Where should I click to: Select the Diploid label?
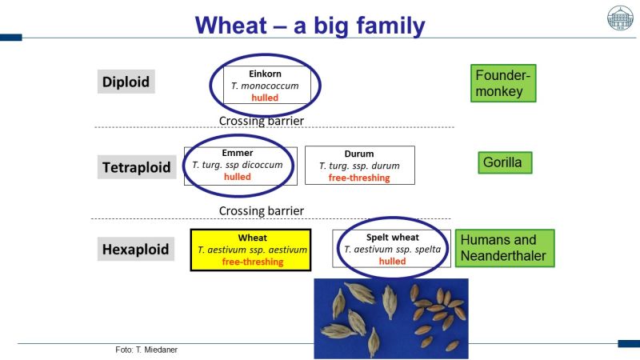(126, 82)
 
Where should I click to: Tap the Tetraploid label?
(137, 167)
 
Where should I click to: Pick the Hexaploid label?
(136, 250)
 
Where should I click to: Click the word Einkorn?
(265, 74)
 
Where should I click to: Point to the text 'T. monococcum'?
(265, 86)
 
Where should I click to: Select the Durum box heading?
(359, 154)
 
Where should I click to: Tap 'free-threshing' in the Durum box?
(359, 178)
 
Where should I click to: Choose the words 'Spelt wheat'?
(392, 238)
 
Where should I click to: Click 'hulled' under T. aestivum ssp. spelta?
(392, 262)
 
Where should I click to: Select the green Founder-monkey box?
(502, 83)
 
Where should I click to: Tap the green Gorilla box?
(505, 163)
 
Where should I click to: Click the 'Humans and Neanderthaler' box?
(504, 248)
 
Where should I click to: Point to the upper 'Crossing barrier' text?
(262, 121)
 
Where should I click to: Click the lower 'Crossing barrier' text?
(262, 211)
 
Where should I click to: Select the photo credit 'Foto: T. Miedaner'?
(151, 350)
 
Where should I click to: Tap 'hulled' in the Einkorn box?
(265, 98)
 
